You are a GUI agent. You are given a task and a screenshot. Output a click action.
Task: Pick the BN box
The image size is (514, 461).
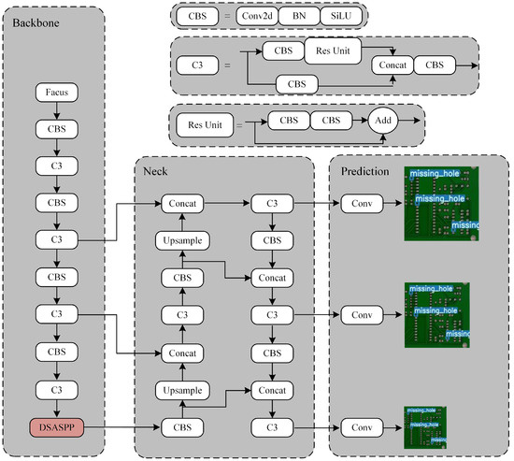(299, 16)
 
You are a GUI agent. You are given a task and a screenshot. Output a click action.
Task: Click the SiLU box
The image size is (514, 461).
(338, 16)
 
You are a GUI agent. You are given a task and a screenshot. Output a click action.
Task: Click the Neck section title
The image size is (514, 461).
(156, 171)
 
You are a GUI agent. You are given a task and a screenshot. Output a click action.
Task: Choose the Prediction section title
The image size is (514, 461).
(364, 171)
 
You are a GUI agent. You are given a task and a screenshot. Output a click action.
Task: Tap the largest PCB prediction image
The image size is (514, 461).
(441, 205)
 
